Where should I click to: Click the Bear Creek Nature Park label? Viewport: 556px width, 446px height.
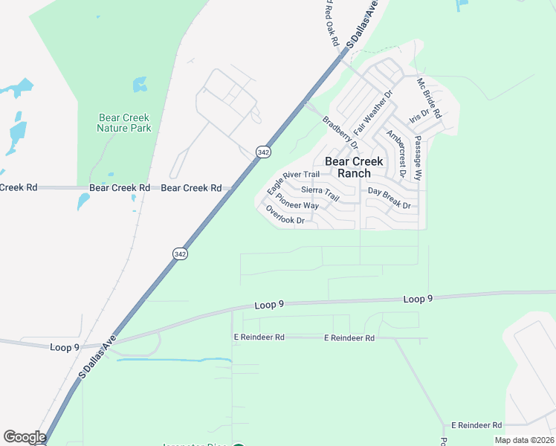tap(123, 123)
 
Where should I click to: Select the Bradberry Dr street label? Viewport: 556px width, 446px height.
tap(340, 132)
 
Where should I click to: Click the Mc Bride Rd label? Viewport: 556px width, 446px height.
tap(429, 98)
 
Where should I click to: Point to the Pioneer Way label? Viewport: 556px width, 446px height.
tap(297, 204)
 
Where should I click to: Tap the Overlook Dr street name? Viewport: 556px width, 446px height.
tap(285, 216)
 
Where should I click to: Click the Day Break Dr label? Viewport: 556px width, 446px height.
tap(389, 204)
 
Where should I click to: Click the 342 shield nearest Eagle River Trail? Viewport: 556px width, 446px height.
tap(262, 152)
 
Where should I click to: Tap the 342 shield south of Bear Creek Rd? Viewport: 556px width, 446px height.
tap(180, 253)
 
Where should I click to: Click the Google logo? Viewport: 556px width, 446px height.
tap(25, 437)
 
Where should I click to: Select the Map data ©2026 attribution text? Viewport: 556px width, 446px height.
tap(523, 440)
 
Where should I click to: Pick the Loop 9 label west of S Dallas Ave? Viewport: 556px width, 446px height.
tap(65, 347)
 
